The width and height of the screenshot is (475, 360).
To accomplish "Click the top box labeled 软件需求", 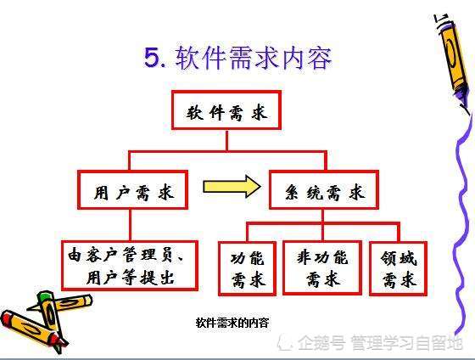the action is coord(226,110).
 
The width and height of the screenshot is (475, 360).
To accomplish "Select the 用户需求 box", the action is coord(132,190).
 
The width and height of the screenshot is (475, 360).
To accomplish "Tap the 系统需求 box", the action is coord(324,190).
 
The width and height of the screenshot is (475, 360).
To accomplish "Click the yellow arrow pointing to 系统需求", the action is coord(232,187).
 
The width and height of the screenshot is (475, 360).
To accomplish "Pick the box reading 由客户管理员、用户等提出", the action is coord(130,266).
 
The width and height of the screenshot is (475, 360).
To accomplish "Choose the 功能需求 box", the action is coord(247,268).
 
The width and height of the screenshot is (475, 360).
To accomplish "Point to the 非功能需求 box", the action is coord(322,268).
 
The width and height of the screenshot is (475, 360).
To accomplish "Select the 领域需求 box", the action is coord(399,268).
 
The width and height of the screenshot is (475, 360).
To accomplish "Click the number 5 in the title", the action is coord(153,58).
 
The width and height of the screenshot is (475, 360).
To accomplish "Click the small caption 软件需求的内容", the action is coord(232,323).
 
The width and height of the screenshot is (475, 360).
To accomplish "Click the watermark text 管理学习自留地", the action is coord(407,343).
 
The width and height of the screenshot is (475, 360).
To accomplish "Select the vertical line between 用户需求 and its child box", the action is coord(131,225).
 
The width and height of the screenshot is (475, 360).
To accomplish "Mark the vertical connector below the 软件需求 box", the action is coord(227,140).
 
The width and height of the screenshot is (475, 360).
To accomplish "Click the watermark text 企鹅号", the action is coord(321,343).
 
